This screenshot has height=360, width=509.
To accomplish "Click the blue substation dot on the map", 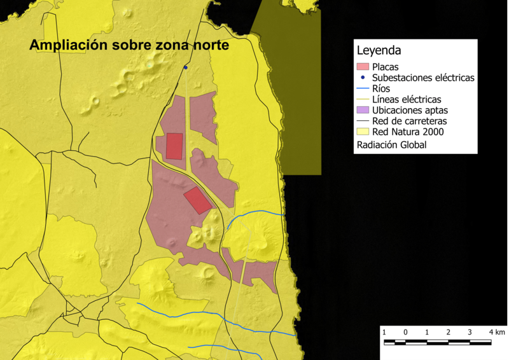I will [186, 67].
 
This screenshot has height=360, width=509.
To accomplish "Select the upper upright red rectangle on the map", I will [174, 146].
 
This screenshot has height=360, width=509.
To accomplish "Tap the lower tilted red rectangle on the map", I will [198, 200].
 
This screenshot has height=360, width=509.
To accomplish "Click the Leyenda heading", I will [379, 50].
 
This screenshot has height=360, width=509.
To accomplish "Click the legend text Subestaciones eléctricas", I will [423, 78].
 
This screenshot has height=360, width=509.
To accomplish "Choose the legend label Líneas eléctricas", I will [407, 99].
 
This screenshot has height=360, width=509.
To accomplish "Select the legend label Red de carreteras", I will [410, 121].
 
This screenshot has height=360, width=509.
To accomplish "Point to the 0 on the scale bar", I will [405, 333].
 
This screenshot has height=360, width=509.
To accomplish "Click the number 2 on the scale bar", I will [449, 333].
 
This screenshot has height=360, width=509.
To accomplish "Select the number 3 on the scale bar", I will [470, 333].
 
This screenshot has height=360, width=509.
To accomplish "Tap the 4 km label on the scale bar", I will [496, 333].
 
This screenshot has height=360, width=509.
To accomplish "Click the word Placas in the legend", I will [386, 67].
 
